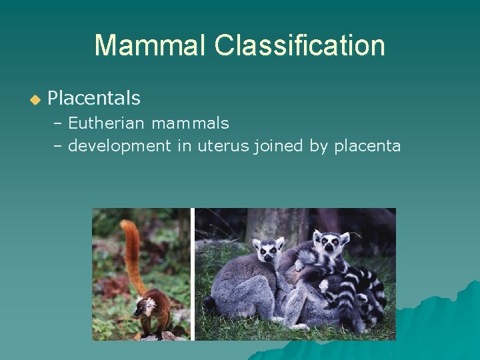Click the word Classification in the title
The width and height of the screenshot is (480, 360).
click(299, 45)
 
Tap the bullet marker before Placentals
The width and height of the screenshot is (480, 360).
click(35, 100)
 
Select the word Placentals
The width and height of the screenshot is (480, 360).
click(94, 99)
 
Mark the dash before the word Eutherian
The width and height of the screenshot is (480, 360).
click(58, 124)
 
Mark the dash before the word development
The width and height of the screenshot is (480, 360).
click(58, 146)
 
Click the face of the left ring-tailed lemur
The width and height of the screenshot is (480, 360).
click(269, 252)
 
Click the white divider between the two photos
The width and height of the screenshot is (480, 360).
click(192, 274)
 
